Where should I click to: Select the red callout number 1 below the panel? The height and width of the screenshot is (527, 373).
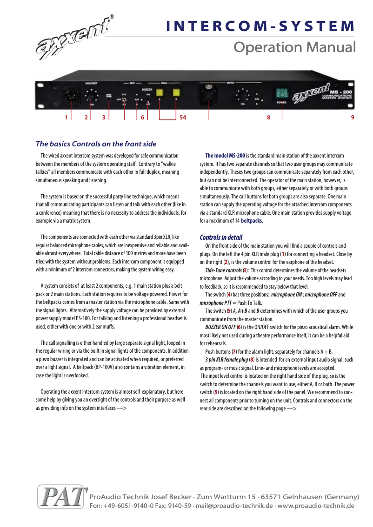pyautogui.click(x=66, y=118)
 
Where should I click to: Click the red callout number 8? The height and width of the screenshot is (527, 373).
pyautogui.click(x=268, y=118)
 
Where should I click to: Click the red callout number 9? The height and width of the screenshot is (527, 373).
pyautogui.click(x=353, y=118)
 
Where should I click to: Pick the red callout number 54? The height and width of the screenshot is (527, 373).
pyautogui.click(x=183, y=118)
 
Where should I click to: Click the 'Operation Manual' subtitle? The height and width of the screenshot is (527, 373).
pyautogui.click(x=294, y=47)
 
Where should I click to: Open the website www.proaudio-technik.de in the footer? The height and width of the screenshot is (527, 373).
pyautogui.click(x=316, y=506)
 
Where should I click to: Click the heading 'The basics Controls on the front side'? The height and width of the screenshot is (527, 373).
pyautogui.click(x=96, y=144)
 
